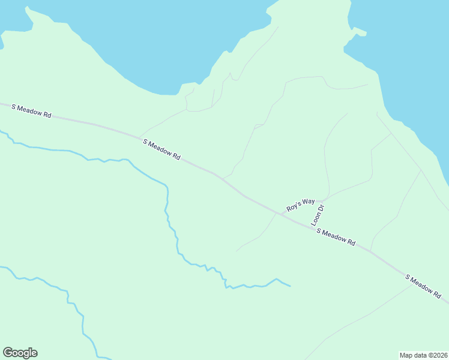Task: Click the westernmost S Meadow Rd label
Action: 31,111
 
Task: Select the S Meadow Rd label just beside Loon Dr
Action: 336,237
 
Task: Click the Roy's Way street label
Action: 300,205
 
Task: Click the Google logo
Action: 20,353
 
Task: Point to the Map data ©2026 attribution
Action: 423,355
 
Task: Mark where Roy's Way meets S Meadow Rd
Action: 277,213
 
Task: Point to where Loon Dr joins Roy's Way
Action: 325,200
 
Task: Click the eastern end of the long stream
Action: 290,286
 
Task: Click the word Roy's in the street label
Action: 292,208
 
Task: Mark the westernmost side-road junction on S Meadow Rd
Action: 140,136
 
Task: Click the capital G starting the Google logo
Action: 8,353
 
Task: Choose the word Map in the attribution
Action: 406,355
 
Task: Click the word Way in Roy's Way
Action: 308,202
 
